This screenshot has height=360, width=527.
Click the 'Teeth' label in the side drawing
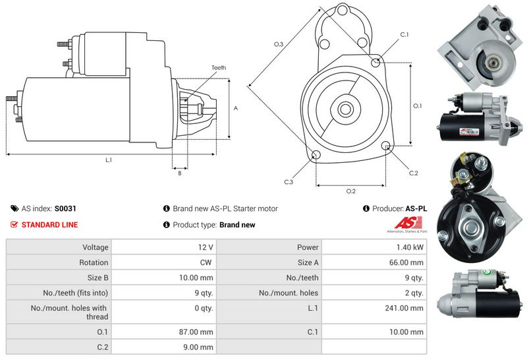click(219, 68)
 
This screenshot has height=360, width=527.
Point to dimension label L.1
click(109, 160)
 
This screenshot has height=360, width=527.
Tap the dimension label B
click(180, 173)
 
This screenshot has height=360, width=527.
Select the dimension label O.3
click(279, 44)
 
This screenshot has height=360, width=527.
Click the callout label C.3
click(289, 181)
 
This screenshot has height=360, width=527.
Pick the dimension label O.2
click(350, 191)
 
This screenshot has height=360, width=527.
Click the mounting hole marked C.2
click(386, 146)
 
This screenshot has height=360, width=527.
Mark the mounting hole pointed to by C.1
click(375, 63)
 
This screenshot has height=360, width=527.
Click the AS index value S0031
click(65, 208)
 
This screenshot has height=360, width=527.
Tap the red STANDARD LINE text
click(49, 225)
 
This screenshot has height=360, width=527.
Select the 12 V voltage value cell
click(206, 247)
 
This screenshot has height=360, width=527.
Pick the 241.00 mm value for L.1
click(408, 308)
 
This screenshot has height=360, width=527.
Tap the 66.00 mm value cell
click(409, 262)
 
